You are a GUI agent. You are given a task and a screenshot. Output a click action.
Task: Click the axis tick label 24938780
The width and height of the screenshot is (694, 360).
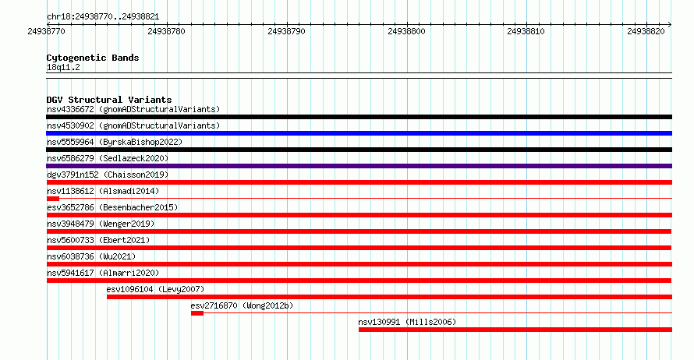click(x=166, y=31)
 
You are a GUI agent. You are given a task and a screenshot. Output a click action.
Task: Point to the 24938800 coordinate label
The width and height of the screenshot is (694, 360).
click(x=406, y=31)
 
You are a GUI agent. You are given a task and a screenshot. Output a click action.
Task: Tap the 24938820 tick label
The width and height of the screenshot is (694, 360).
click(x=646, y=31)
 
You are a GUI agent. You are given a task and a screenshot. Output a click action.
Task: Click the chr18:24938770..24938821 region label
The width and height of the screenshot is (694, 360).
click(x=103, y=17)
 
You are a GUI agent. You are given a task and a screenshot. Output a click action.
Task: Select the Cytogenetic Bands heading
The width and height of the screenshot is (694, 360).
click(x=93, y=58)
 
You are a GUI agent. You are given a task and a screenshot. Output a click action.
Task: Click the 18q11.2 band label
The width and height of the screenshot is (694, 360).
click(x=63, y=67)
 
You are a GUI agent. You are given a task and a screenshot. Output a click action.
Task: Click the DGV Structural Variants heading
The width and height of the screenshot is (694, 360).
click(x=109, y=100)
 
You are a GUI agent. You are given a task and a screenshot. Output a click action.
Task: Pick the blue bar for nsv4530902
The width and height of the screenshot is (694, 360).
click(x=359, y=133)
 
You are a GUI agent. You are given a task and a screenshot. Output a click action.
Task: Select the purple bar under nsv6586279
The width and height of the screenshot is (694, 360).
click(x=359, y=166)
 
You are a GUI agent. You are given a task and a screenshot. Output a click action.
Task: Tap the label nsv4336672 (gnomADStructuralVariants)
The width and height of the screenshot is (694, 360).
click(x=133, y=109)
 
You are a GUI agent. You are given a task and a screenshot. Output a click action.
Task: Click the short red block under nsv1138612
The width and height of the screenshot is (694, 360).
click(x=53, y=199)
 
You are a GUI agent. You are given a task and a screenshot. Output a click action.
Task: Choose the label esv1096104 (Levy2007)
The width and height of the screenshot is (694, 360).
click(x=155, y=289)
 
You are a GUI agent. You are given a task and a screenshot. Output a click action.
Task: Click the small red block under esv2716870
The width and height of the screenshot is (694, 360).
click(x=197, y=313)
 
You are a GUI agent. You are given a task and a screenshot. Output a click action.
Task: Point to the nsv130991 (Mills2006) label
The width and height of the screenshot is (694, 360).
click(x=407, y=322)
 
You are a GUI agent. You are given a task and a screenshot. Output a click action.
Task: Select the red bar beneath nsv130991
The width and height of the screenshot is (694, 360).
click(x=515, y=330)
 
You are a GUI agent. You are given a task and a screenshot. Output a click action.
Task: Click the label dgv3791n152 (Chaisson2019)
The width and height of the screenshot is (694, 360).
click(x=108, y=175)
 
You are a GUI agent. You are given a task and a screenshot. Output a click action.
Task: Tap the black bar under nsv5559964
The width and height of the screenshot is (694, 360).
click(x=359, y=150)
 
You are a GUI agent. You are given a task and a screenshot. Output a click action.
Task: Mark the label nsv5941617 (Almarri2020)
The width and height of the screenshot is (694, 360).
click(x=103, y=273)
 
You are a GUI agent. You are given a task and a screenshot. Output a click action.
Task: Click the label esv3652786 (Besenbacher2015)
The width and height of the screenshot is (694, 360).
click(x=112, y=207)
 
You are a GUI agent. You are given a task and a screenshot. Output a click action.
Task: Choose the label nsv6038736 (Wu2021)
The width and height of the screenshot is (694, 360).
click(x=91, y=256)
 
